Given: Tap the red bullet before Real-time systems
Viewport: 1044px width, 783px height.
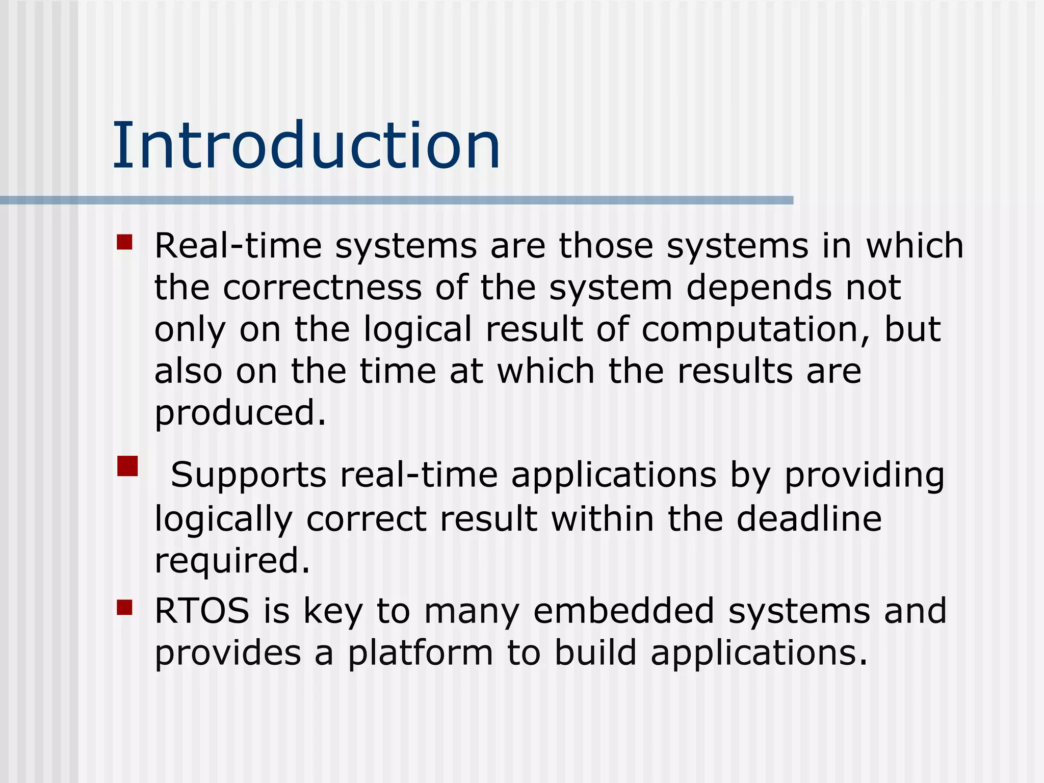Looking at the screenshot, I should pyautogui.click(x=124, y=242).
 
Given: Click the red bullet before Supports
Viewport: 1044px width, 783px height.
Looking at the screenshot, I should pyautogui.click(x=127, y=466).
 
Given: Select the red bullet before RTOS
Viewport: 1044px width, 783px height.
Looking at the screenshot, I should pyautogui.click(x=124, y=607).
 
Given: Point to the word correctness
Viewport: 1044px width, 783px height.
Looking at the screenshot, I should pyautogui.click(x=322, y=288).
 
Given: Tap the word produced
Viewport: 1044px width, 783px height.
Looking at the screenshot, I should pyautogui.click(x=240, y=413).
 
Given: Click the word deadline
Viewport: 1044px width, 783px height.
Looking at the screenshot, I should pyautogui.click(x=809, y=519).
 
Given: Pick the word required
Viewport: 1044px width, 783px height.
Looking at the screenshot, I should pyautogui.click(x=232, y=561).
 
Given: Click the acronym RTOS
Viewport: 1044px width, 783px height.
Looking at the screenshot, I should pyautogui.click(x=202, y=611).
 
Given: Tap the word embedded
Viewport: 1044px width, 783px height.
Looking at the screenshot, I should pyautogui.click(x=623, y=611).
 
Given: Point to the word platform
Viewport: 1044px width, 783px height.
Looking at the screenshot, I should pyautogui.click(x=420, y=654).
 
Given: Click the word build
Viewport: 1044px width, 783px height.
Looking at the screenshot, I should pyautogui.click(x=595, y=652).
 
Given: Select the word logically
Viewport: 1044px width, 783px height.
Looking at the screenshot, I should pyautogui.click(x=223, y=520).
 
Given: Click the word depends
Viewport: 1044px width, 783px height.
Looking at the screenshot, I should pyautogui.click(x=759, y=289).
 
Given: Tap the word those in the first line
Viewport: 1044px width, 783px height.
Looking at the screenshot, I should pyautogui.click(x=606, y=246).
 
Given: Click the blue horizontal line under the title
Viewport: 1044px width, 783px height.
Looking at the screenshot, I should pyautogui.click(x=397, y=200).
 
